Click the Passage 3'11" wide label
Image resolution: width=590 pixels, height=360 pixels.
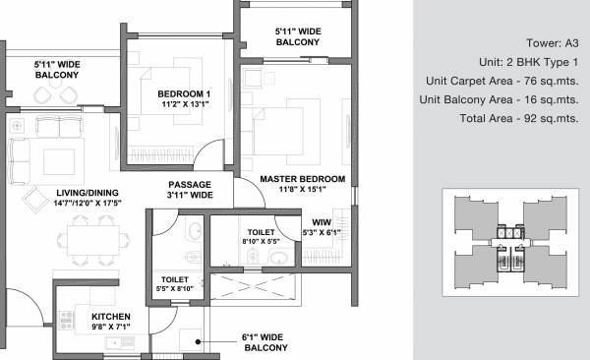tap(190, 190)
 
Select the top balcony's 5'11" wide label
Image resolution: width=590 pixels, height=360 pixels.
tap(298, 37)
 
